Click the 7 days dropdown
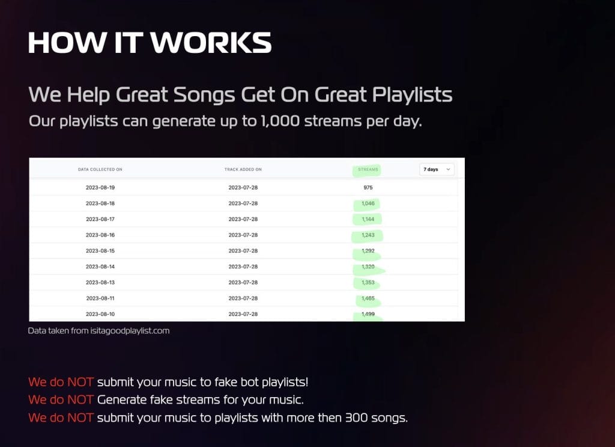coord(437,169)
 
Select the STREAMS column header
coord(368,169)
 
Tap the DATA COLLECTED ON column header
coord(100,169)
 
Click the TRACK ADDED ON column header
coord(243,169)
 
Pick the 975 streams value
coord(368,187)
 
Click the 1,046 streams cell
coord(368,203)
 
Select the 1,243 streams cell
coord(368,235)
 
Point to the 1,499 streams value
coord(368,314)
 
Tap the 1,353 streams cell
coord(368,282)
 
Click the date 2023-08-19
coord(100,187)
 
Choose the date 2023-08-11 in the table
coord(100,298)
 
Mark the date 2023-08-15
coord(100,251)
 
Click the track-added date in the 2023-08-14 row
coord(243,267)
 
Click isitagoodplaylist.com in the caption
coord(130,331)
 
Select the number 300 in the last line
coord(356,418)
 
